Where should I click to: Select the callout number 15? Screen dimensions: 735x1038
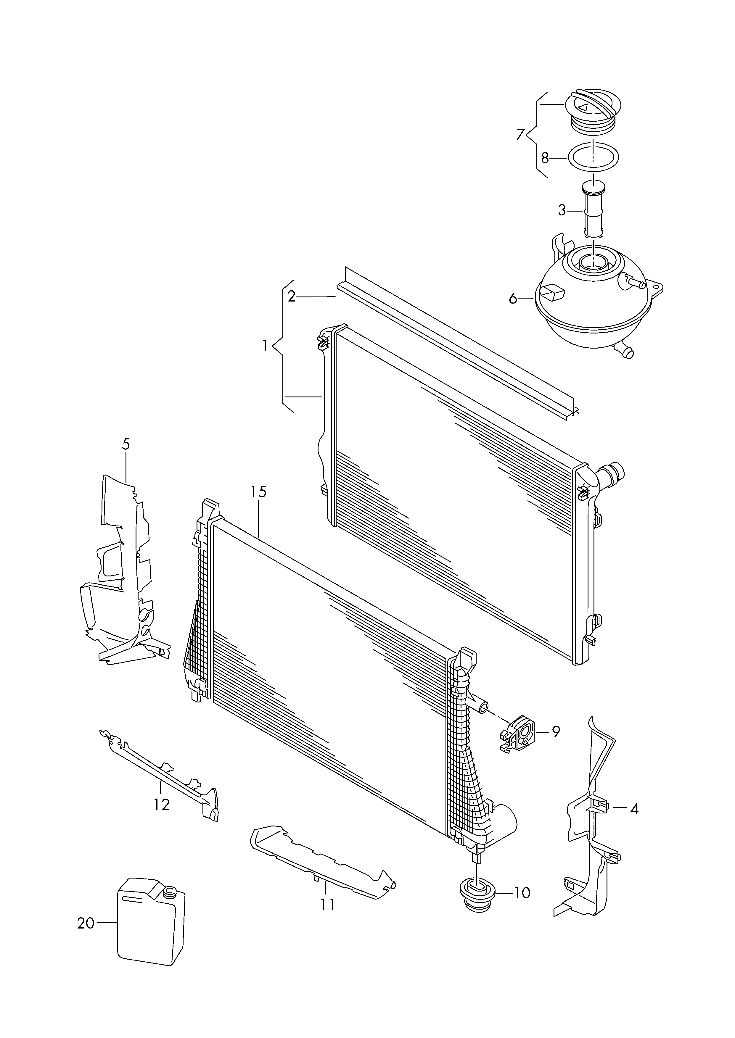[x=259, y=492]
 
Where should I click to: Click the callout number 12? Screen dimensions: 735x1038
[x=162, y=804]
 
